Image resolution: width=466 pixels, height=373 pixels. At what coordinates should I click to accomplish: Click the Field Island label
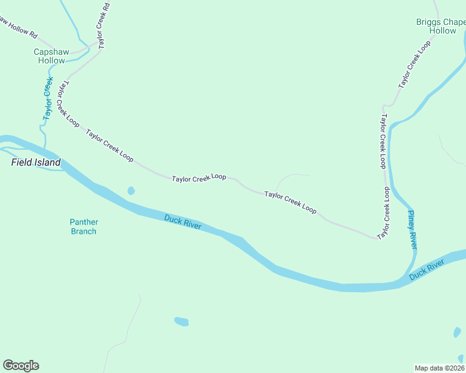tap(36, 163)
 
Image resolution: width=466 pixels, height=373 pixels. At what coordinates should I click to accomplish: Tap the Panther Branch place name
tap(83, 227)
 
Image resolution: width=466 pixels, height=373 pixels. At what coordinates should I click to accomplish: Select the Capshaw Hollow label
tap(50, 57)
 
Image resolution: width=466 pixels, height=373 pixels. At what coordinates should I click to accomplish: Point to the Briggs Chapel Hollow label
tap(441, 26)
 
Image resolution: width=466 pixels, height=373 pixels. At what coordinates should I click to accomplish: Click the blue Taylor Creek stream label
tap(47, 98)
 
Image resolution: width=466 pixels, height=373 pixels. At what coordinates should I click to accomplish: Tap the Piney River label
tap(412, 229)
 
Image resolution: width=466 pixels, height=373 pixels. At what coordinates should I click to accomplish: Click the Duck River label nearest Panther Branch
tap(183, 221)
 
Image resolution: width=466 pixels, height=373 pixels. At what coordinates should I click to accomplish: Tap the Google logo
tap(21, 366)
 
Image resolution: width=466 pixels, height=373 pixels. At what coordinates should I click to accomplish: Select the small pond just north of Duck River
tap(131, 191)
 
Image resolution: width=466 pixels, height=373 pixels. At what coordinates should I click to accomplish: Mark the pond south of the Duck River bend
tap(181, 321)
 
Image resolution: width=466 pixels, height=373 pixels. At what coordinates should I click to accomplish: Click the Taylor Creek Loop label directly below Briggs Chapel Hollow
tap(415, 65)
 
